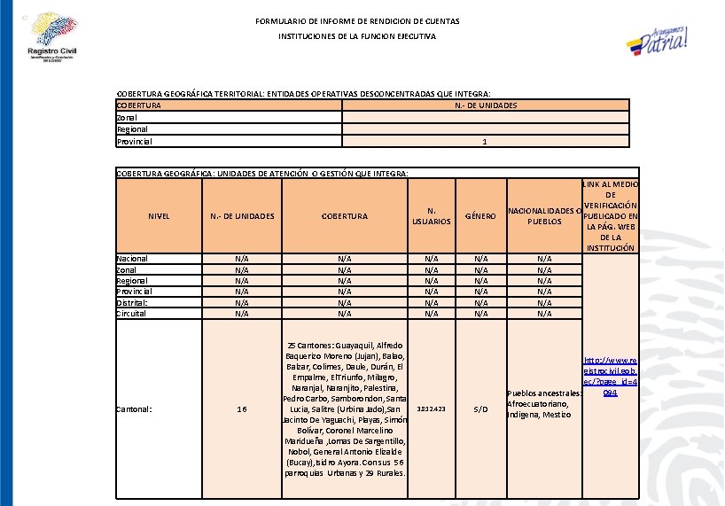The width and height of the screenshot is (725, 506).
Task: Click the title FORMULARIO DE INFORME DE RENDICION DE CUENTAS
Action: pyautogui.click(x=357, y=20)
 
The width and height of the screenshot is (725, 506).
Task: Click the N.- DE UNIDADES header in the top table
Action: pyautogui.click(x=486, y=105)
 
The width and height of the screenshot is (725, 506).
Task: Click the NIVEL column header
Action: pyautogui.click(x=160, y=216)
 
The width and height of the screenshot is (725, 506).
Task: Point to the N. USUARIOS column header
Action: pyautogui.click(x=432, y=216)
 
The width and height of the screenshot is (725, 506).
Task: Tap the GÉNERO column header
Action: pyautogui.click(x=481, y=216)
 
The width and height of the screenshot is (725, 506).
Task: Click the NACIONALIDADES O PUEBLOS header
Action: pyautogui.click(x=544, y=216)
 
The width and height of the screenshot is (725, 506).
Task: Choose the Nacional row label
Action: pyautogui.click(x=133, y=259)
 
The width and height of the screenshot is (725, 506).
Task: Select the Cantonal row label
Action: pyautogui.click(x=135, y=409)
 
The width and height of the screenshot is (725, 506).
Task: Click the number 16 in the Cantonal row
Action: pyautogui.click(x=241, y=409)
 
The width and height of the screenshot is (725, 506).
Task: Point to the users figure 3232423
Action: pyautogui.click(x=431, y=409)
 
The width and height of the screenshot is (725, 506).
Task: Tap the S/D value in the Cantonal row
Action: pyautogui.click(x=481, y=409)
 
